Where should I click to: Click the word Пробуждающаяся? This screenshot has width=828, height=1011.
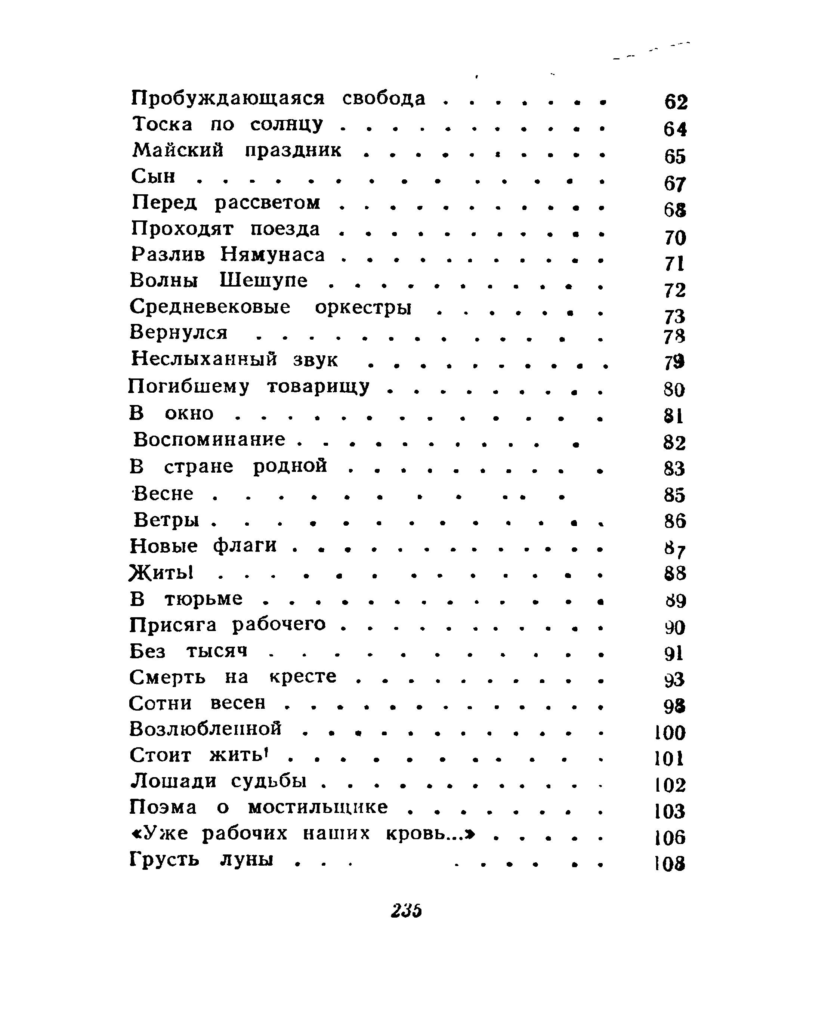228,99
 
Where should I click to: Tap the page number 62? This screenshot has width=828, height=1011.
676,102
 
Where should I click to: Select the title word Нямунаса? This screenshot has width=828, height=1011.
273,255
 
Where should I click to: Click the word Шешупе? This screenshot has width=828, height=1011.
264,281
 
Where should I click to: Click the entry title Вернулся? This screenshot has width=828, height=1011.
179,333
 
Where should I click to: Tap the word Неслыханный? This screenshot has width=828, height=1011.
204,359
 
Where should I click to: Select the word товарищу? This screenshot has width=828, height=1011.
318,386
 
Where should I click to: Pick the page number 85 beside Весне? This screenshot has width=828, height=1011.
674,495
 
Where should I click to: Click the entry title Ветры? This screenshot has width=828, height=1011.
166,519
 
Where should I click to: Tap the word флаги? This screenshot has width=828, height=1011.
245,545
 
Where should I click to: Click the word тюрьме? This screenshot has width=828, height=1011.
204,599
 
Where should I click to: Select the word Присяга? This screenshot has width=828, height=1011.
173,625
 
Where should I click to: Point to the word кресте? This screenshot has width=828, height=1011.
303,677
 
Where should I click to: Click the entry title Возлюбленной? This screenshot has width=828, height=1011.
206,729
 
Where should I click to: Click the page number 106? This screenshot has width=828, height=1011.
670,837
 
